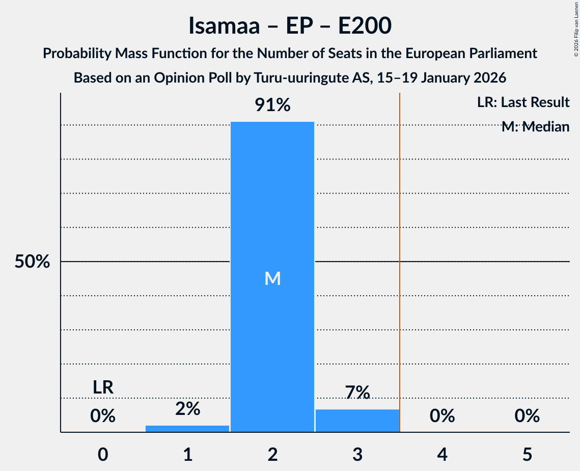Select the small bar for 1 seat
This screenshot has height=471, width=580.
point(187,429)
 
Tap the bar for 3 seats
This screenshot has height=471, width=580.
point(357,421)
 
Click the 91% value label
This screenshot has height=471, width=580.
point(272,106)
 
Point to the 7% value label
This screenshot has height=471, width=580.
point(357,392)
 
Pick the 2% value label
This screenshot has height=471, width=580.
point(187,408)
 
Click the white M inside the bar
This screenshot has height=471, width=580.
point(272,278)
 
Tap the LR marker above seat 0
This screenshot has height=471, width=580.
point(103,387)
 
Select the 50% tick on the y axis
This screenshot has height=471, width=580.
point(32,262)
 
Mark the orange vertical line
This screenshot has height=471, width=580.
point(400,255)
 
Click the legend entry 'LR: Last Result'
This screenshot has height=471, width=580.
point(523,102)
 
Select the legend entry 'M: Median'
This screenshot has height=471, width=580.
point(535,126)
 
